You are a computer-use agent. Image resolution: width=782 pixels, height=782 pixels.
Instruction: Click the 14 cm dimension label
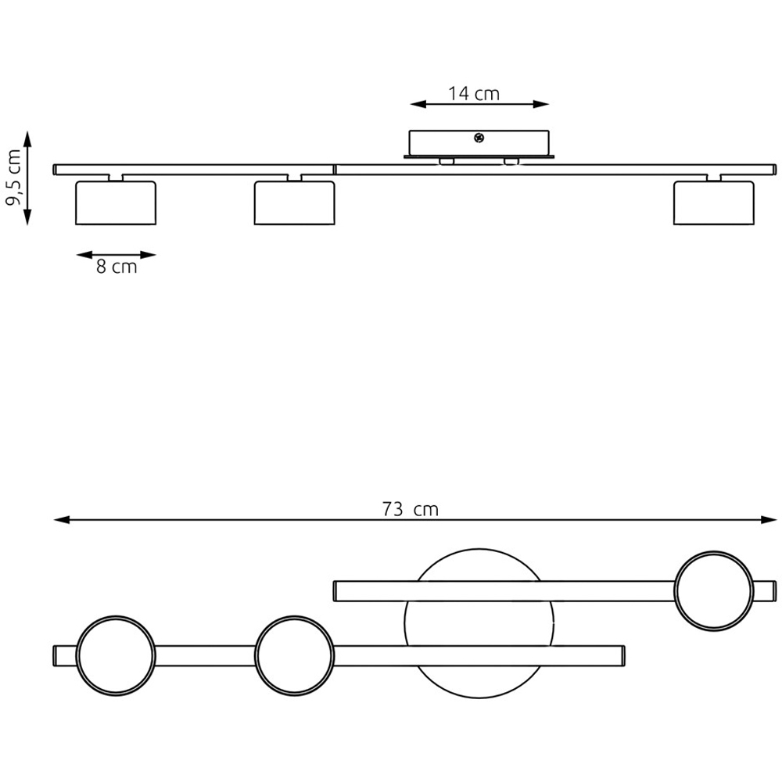(473, 93)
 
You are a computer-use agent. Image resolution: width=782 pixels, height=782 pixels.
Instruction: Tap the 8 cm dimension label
(117, 267)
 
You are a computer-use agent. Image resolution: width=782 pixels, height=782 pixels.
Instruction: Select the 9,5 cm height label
(13, 177)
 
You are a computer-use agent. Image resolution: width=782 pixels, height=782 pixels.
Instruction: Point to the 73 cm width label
(410, 509)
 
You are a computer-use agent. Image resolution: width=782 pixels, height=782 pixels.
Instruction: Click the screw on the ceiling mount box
(479, 137)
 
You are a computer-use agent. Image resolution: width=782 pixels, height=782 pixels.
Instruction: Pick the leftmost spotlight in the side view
(116, 203)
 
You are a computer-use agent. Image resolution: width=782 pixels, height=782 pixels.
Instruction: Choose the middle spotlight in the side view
(294, 203)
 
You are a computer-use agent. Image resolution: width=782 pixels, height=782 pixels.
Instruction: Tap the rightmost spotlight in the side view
(714, 203)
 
